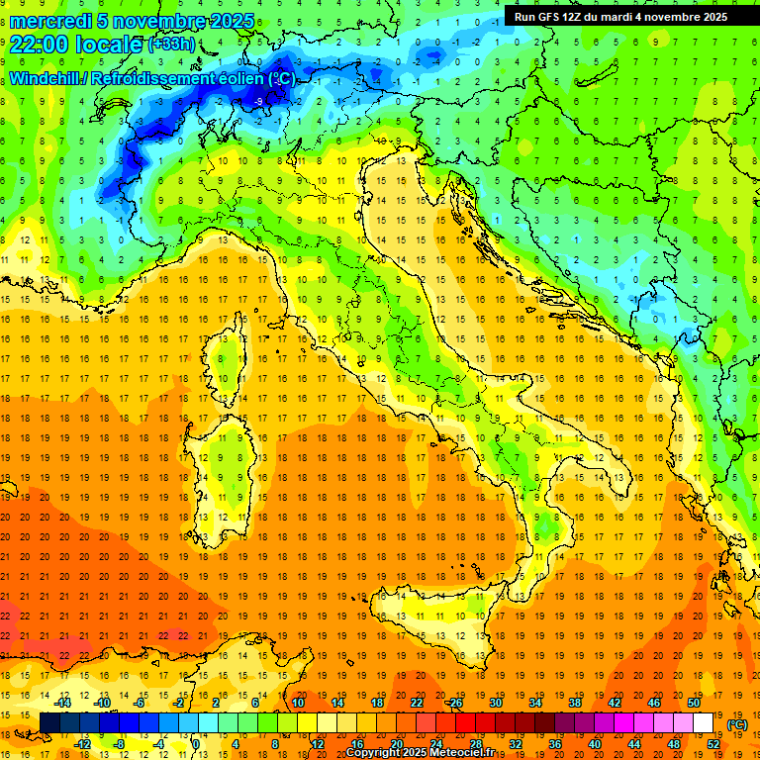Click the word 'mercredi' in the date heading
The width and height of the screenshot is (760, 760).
point(50,21)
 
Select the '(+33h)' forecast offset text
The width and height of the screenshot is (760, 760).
point(171,45)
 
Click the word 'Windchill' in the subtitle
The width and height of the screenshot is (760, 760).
point(46,78)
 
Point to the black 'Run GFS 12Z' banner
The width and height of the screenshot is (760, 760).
point(620,17)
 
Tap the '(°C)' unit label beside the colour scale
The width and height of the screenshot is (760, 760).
point(737,724)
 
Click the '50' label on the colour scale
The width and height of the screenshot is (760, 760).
point(693,702)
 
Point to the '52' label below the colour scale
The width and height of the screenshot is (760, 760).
point(712,744)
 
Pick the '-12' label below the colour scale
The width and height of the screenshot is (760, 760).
point(82,744)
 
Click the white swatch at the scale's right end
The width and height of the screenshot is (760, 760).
point(703,723)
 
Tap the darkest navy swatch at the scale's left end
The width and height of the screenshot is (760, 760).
point(49,723)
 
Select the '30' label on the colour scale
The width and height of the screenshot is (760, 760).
point(495,702)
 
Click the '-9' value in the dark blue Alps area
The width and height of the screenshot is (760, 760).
point(258,102)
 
